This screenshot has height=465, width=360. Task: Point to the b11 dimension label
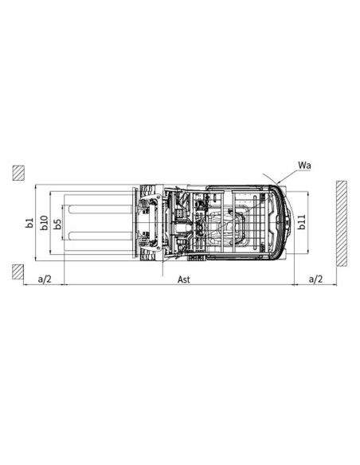302,221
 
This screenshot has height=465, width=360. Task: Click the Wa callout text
304,166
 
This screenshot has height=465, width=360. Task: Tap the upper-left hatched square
18,172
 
